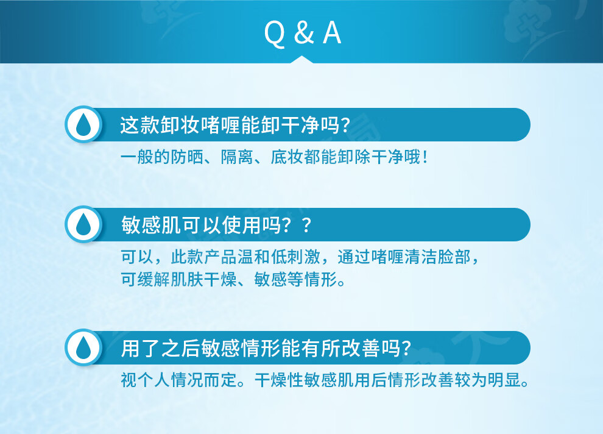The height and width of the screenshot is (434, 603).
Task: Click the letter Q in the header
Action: click(275, 34)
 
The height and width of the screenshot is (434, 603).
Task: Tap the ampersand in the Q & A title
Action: click(304, 33)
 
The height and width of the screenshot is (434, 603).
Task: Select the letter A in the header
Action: click(332, 33)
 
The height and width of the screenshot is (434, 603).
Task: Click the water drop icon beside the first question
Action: click(83, 125)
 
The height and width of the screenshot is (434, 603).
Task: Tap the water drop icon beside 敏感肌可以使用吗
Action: click(83, 224)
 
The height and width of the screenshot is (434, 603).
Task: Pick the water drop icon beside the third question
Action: click(83, 347)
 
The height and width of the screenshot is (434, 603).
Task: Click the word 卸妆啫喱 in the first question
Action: click(200, 125)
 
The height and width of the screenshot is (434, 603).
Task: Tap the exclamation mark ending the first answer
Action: click(425, 157)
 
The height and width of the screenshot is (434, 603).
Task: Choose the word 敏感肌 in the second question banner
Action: click(151, 225)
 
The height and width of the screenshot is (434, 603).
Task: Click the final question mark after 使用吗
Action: click(306, 225)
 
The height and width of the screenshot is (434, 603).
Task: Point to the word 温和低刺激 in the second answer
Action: click(279, 257)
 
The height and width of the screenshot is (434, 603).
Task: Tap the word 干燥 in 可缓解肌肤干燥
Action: click(220, 279)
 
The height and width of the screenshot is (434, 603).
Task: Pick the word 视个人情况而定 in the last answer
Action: click(178, 380)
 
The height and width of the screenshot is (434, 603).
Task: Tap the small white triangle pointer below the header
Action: click(302, 60)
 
